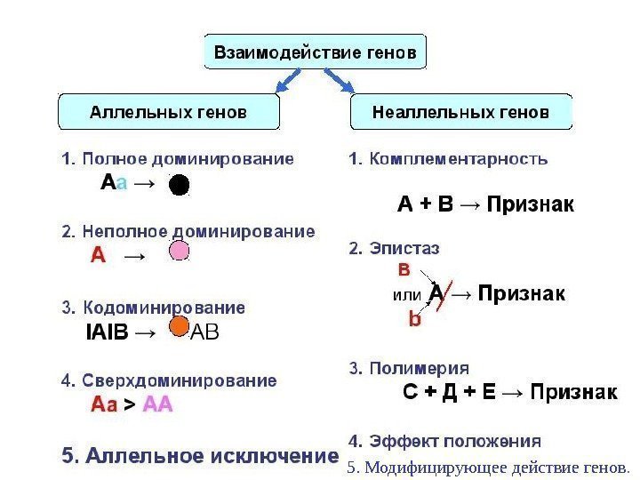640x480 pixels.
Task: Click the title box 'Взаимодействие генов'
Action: tap(316, 52)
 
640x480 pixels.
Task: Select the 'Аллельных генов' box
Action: tap(169, 114)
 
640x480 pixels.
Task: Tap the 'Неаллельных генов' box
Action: tap(460, 114)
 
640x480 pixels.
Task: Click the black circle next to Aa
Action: tap(180, 185)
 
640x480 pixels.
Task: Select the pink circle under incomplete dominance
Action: tap(180, 252)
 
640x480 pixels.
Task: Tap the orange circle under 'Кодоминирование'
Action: tap(180, 325)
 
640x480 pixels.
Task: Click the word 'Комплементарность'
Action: tap(447, 160)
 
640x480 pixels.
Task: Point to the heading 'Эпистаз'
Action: tap(394, 249)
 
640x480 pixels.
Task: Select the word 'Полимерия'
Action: tap(409, 367)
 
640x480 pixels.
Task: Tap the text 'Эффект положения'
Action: tap(444, 440)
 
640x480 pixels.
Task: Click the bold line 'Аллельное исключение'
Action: tap(200, 457)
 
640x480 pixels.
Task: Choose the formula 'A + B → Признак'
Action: tap(485, 206)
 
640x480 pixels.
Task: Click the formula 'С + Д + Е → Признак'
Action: tap(510, 393)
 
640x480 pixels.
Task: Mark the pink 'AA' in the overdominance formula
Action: tap(157, 405)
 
